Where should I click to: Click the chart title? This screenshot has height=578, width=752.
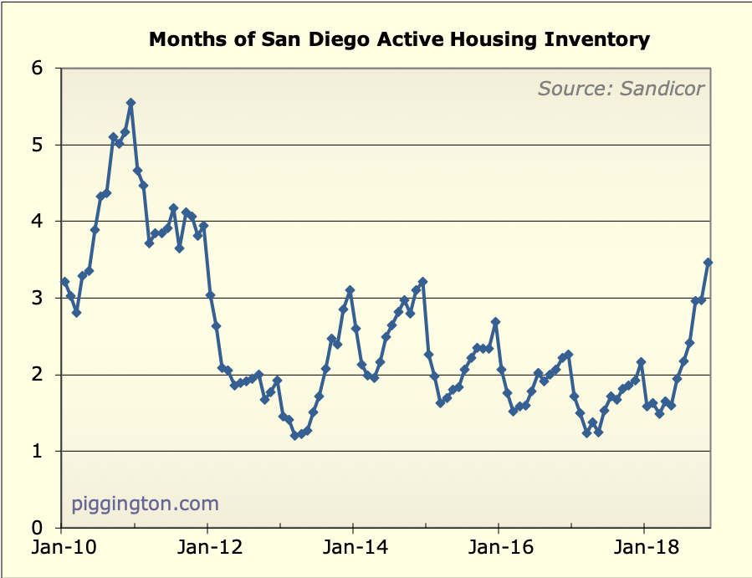pos(399,38)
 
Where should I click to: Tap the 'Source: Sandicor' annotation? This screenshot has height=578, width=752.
pos(621,88)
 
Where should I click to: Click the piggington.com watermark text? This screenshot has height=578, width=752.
pos(146,504)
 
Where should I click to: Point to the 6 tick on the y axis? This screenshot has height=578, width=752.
pos(38,68)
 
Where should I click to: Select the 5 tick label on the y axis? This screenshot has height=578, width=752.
pos(38,145)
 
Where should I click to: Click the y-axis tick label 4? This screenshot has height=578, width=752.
pos(38,222)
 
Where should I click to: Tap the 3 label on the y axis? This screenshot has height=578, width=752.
pos(38,298)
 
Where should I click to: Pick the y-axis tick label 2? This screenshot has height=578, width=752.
pos(38,375)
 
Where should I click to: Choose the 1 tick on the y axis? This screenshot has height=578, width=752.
pos(38,452)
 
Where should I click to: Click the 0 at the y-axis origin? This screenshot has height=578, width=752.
pos(38,528)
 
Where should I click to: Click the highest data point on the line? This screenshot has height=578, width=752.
pos(130,103)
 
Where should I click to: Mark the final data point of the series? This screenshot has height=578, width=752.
pos(708,263)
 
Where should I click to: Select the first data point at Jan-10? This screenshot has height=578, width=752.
pos(64,282)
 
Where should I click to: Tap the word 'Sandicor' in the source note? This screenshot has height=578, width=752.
pos(662,88)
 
